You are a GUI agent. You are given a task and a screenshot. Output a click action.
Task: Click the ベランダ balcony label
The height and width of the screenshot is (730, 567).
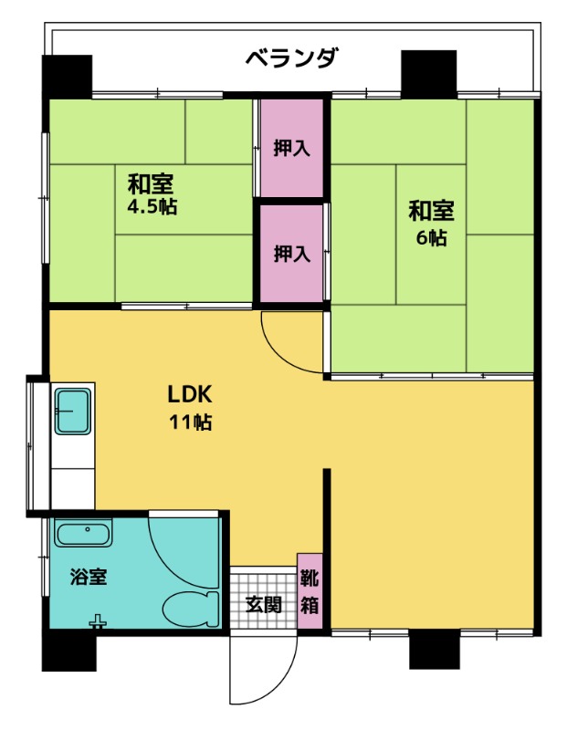(290, 59)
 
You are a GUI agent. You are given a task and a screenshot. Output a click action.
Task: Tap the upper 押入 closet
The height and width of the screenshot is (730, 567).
(291, 148)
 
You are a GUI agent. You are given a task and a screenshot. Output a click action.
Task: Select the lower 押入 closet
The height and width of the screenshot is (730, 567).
(291, 254)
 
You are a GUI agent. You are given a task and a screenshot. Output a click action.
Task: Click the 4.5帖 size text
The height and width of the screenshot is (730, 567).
(152, 206)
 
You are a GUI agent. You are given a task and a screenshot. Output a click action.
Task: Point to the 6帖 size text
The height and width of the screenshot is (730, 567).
(432, 238)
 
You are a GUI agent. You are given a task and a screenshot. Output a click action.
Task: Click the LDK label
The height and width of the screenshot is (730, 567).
(190, 394)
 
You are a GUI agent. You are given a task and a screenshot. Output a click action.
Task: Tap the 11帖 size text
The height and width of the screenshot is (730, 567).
(190, 422)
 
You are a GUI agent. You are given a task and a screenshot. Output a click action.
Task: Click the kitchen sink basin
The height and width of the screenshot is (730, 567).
(73, 412)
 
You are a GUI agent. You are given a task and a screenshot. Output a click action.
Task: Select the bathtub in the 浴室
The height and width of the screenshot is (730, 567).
(83, 533)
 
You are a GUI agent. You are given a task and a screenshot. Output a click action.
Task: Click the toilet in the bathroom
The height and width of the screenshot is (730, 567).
(191, 610)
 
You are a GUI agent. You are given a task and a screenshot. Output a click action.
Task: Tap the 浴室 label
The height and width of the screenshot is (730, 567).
(89, 577)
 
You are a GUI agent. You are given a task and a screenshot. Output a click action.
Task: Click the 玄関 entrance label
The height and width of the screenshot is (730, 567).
(264, 604)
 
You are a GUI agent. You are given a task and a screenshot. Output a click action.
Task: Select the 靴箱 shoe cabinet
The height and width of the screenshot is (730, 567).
(310, 590)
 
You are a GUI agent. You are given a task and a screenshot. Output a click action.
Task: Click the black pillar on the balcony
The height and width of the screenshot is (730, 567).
(428, 74)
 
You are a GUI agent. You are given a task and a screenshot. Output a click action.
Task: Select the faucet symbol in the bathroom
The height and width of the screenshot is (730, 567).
(98, 622)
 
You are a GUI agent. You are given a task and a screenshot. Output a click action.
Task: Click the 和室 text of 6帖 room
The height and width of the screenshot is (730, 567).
(431, 211)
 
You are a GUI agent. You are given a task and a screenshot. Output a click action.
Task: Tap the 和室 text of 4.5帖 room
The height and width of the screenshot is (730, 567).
(151, 184)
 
